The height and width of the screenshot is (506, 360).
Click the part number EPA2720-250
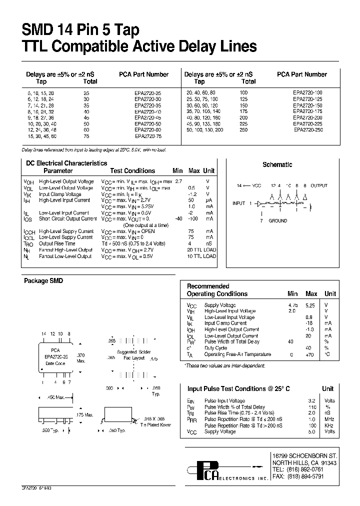[x=308, y=129]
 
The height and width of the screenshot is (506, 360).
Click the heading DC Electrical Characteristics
[x=66, y=163]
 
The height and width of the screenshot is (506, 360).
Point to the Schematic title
[x=277, y=164]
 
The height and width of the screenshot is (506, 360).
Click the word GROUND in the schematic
[x=278, y=220]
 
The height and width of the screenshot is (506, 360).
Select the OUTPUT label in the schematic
[x=319, y=185]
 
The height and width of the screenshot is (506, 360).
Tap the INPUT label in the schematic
[x=238, y=203]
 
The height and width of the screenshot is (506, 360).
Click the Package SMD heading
[x=43, y=281]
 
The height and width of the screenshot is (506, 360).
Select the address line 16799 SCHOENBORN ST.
[x=304, y=456]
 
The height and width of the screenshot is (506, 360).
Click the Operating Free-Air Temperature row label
[x=237, y=354]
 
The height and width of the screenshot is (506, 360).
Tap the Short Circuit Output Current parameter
[x=67, y=218]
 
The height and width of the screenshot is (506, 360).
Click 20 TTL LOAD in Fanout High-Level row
[x=201, y=249]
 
